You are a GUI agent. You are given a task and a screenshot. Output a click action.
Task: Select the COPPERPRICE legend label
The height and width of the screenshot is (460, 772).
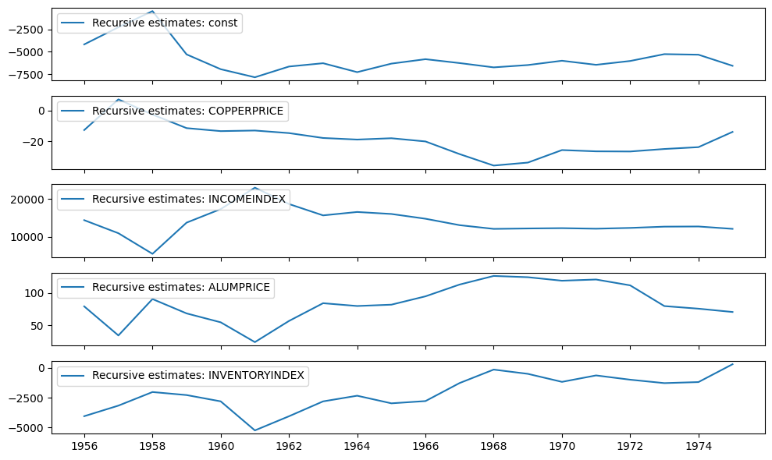[188, 111]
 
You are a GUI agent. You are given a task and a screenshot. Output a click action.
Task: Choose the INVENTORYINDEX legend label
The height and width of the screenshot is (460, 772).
[198, 376]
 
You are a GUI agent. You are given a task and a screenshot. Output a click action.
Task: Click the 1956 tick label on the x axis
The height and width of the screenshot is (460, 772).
[84, 448]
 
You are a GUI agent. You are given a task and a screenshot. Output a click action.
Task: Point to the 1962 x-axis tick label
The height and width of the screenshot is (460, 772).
[289, 448]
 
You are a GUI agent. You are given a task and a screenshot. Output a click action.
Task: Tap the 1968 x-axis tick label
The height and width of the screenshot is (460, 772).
[493, 448]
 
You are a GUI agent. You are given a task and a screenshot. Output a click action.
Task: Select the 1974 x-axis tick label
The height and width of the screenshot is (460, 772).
[698, 448]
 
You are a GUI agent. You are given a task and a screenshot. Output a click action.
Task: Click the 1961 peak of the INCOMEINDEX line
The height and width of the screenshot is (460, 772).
[255, 188]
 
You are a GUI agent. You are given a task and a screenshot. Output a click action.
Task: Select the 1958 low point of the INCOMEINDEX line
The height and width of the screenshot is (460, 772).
[153, 253]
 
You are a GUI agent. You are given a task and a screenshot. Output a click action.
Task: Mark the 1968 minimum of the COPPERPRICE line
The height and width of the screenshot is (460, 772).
[493, 165]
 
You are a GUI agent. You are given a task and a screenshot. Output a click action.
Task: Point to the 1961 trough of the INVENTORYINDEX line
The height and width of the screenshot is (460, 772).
[255, 430]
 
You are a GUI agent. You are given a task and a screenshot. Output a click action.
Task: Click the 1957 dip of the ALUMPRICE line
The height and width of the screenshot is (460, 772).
[119, 335]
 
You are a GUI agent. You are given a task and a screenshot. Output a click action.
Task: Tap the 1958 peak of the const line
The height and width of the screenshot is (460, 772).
[153, 12]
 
